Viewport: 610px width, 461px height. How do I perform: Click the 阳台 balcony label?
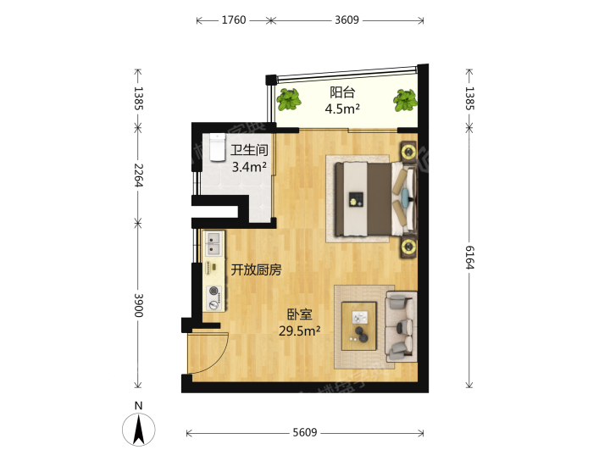341,93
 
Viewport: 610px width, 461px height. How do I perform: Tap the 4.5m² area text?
341,108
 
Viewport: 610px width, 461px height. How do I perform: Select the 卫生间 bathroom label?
250,151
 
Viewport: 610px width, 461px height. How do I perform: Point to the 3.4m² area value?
250,166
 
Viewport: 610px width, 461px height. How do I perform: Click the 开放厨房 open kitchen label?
256,270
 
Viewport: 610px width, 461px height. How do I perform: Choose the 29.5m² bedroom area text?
299,330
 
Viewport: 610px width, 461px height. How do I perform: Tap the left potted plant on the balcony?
289,99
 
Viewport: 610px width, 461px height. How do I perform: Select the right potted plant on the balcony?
405,101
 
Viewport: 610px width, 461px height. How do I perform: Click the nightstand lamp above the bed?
408,153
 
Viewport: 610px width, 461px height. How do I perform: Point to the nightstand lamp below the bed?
408,247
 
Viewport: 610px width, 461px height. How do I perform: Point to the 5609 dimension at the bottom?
305,433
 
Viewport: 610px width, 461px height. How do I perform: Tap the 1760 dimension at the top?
233,20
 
